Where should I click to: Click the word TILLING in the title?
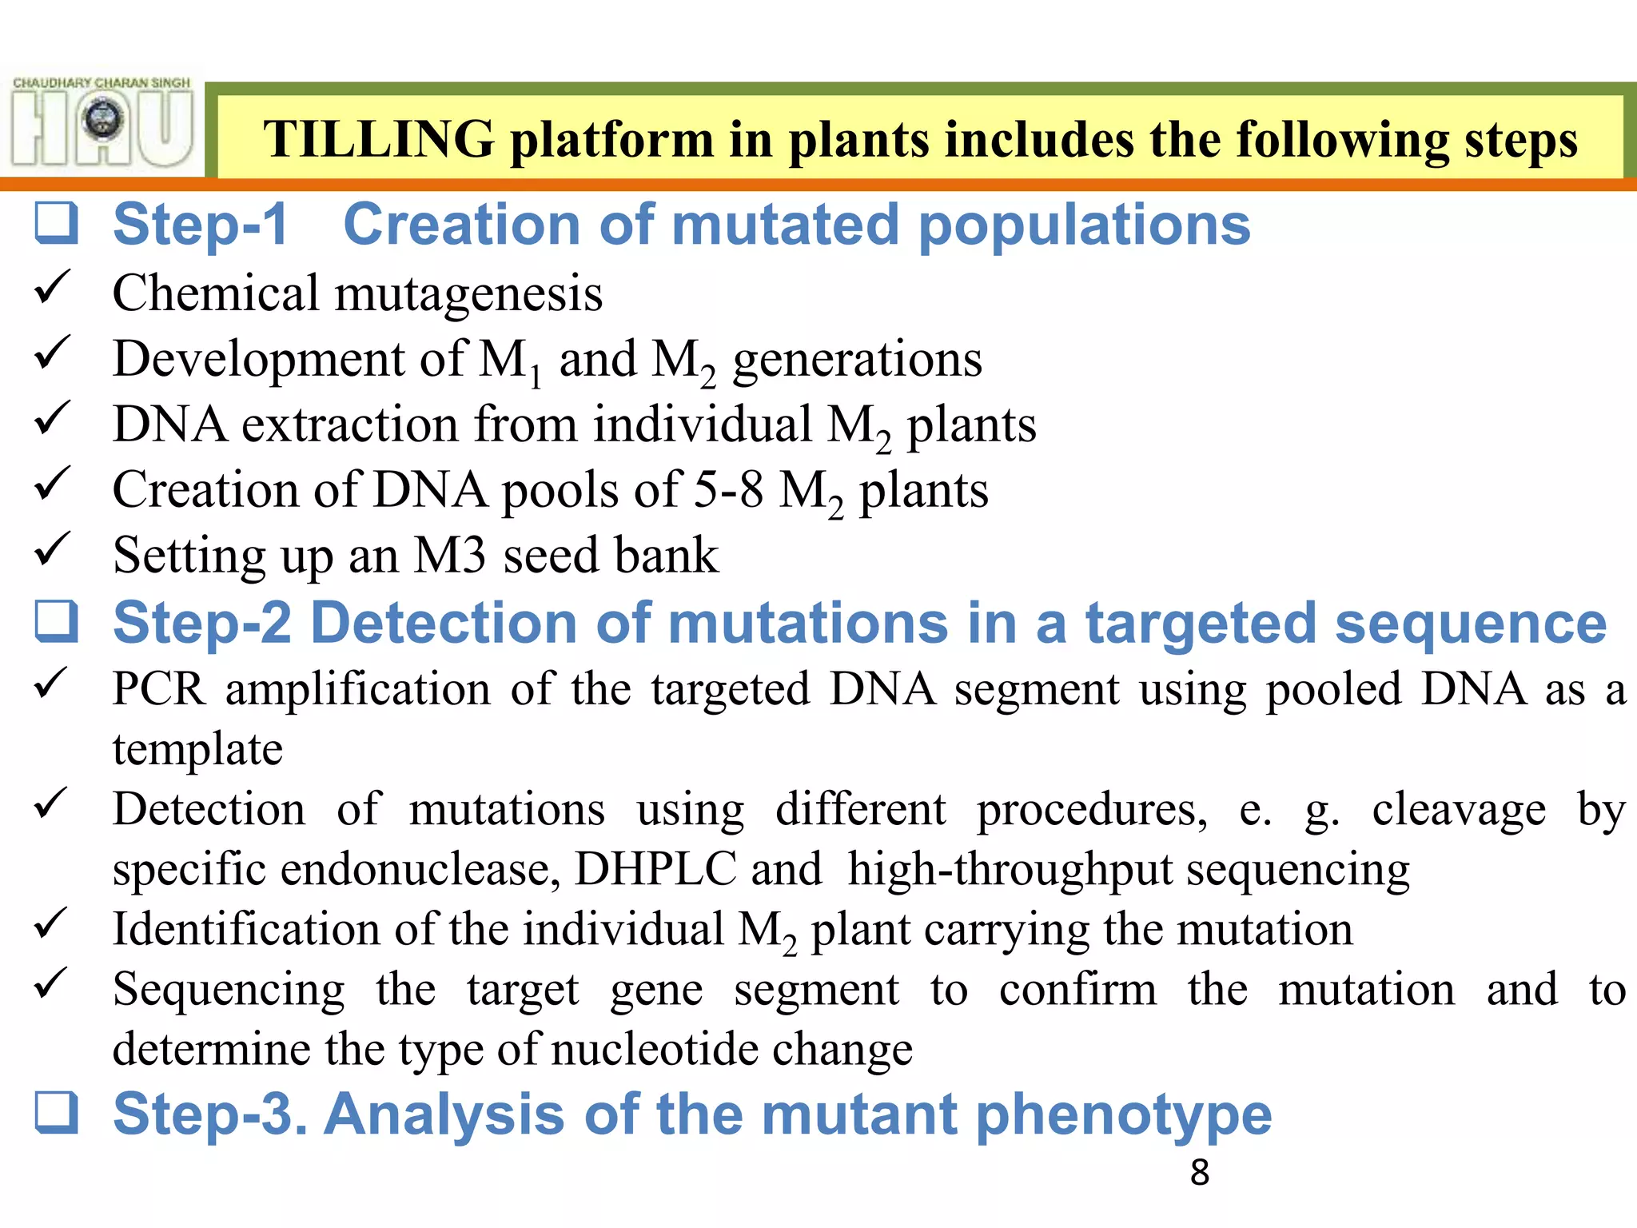[x=378, y=139]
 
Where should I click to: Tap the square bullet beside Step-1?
[x=57, y=223]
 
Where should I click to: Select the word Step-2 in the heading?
[x=201, y=623]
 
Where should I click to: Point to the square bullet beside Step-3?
[x=57, y=1114]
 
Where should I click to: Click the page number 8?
[x=1199, y=1173]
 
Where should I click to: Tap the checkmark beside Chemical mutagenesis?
[x=53, y=287]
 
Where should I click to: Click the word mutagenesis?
[x=468, y=293]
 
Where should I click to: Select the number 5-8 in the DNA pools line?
[x=727, y=489]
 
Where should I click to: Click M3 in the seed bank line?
[x=449, y=555]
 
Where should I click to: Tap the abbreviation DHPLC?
[x=655, y=868]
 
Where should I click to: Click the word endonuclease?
[x=420, y=868]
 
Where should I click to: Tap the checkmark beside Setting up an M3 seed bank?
[x=53, y=549]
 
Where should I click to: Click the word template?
[x=197, y=749]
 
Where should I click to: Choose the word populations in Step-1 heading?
[x=1084, y=225]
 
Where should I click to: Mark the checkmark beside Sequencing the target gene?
[x=53, y=983]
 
